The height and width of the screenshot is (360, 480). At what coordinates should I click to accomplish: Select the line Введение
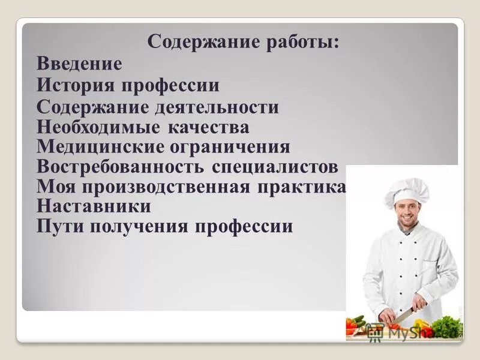(79, 64)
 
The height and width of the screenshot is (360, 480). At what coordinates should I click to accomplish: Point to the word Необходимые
(98, 127)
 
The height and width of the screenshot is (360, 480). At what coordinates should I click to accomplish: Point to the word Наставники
(94, 206)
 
